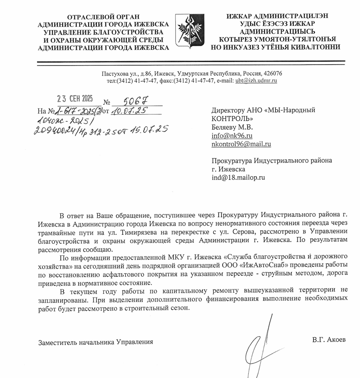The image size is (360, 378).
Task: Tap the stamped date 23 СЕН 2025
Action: (75, 99)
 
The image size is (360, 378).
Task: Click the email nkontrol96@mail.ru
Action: (241, 144)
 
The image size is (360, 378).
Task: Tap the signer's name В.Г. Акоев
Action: (329, 339)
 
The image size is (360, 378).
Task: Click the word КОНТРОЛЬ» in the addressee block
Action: (231, 119)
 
